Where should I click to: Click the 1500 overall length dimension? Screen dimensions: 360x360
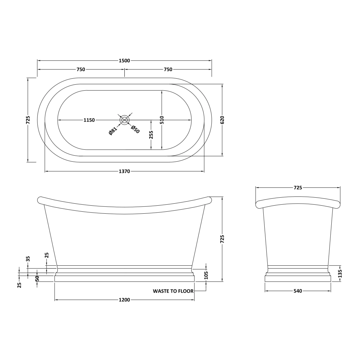point(124,61)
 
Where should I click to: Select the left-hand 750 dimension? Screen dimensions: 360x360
point(81,69)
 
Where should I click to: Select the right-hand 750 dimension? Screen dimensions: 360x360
point(168,69)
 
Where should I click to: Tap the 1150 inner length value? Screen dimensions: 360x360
point(89,120)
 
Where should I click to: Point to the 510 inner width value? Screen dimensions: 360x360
point(162,120)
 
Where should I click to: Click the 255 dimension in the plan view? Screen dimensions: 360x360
point(151,134)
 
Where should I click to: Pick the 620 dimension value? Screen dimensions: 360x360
point(222,120)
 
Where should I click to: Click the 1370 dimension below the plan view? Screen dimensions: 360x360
point(124,171)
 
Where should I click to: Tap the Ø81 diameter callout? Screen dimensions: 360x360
point(113,131)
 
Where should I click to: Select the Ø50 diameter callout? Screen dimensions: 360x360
point(135,129)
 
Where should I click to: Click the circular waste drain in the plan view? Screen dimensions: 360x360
point(124,120)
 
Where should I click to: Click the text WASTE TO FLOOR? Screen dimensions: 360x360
point(173,291)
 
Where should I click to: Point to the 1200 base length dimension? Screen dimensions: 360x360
point(124,300)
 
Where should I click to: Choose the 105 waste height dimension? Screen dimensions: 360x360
point(206,275)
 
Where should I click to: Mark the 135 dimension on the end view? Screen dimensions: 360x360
point(340,273)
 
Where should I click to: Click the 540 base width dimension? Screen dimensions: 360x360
point(298,291)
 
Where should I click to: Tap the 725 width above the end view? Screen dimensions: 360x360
point(298,188)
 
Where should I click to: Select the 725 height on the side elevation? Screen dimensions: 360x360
point(222,239)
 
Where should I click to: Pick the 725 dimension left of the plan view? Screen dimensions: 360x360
point(28,120)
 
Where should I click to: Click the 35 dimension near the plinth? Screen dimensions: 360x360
point(28,259)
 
